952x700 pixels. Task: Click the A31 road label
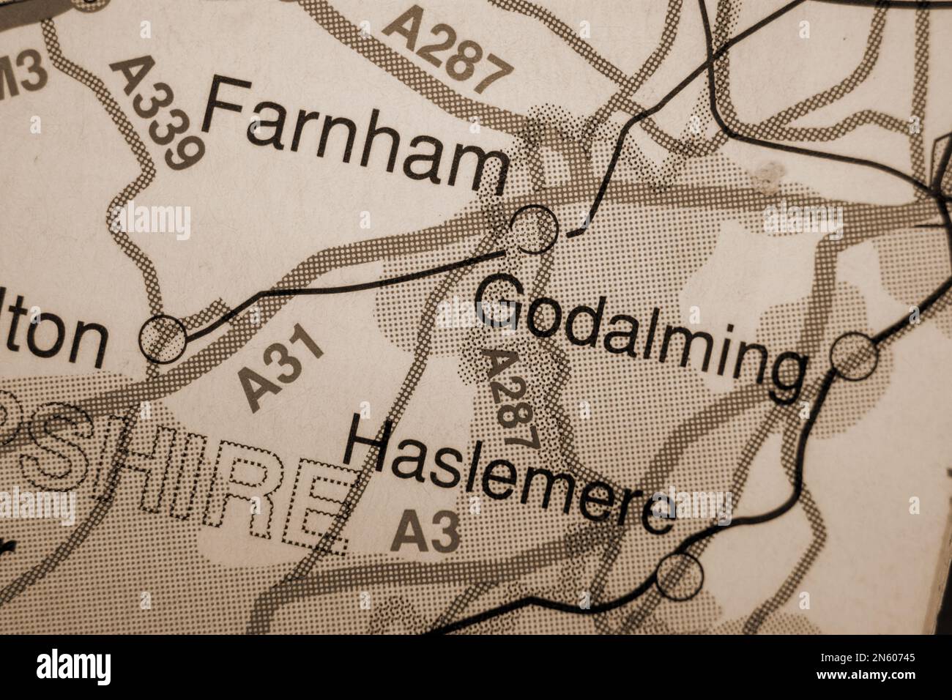pos(281,370)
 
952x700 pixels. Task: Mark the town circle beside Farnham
pos(535,229)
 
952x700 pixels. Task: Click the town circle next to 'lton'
pos(163,339)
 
